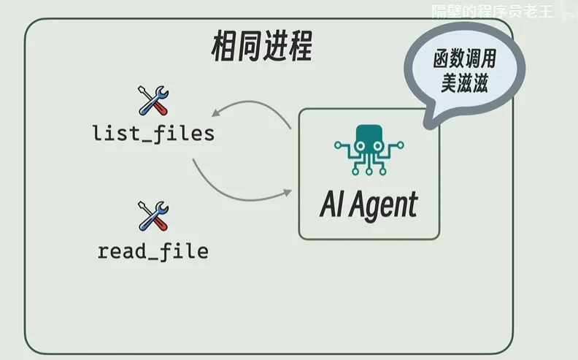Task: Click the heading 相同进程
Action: tap(261, 47)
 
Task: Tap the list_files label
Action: tap(153, 134)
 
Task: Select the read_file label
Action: tap(153, 252)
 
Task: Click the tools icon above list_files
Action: tap(153, 101)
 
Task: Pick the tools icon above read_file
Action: tap(153, 217)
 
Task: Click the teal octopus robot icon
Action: tap(369, 150)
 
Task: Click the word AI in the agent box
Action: tap(331, 204)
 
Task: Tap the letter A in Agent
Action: tap(358, 204)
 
